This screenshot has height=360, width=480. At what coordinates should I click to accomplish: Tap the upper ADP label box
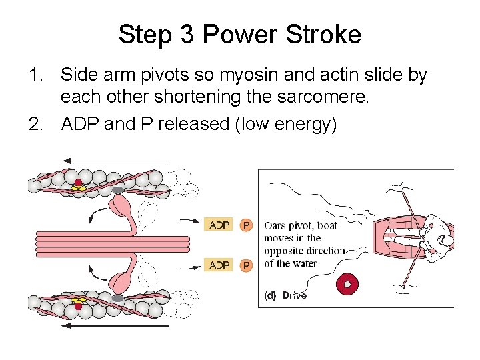[219, 225]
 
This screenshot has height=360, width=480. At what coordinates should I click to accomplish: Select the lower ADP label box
[219, 265]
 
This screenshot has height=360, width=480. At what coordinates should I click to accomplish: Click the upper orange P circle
[246, 226]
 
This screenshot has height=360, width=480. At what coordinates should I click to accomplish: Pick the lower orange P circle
[246, 266]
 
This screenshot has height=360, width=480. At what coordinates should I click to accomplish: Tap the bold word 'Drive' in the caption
[294, 295]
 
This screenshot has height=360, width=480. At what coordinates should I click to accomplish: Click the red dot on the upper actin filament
[78, 182]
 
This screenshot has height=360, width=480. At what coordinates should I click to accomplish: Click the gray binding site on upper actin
[117, 190]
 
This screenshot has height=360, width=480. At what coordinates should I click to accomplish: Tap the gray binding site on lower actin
[117, 297]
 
